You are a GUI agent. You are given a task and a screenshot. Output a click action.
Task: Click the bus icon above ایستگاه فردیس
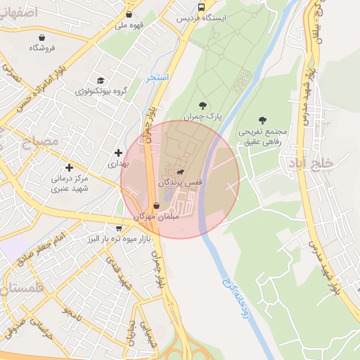coord(202,7)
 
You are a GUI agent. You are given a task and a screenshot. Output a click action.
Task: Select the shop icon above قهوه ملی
coord(129,14)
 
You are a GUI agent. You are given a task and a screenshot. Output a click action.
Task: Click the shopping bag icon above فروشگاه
coord(42,37)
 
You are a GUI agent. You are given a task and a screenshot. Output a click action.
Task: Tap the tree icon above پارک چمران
coord(203,105)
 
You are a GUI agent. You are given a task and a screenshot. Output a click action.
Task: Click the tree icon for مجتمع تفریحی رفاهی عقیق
coord(263,120)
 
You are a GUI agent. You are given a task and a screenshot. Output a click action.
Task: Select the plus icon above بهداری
coord(118,153)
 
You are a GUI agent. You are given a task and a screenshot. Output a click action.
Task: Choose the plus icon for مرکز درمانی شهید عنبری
coord(69,167)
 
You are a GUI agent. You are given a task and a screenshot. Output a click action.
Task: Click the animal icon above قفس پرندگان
coord(181,172)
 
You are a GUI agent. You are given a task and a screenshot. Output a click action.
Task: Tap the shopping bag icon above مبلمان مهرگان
coord(156,206)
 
